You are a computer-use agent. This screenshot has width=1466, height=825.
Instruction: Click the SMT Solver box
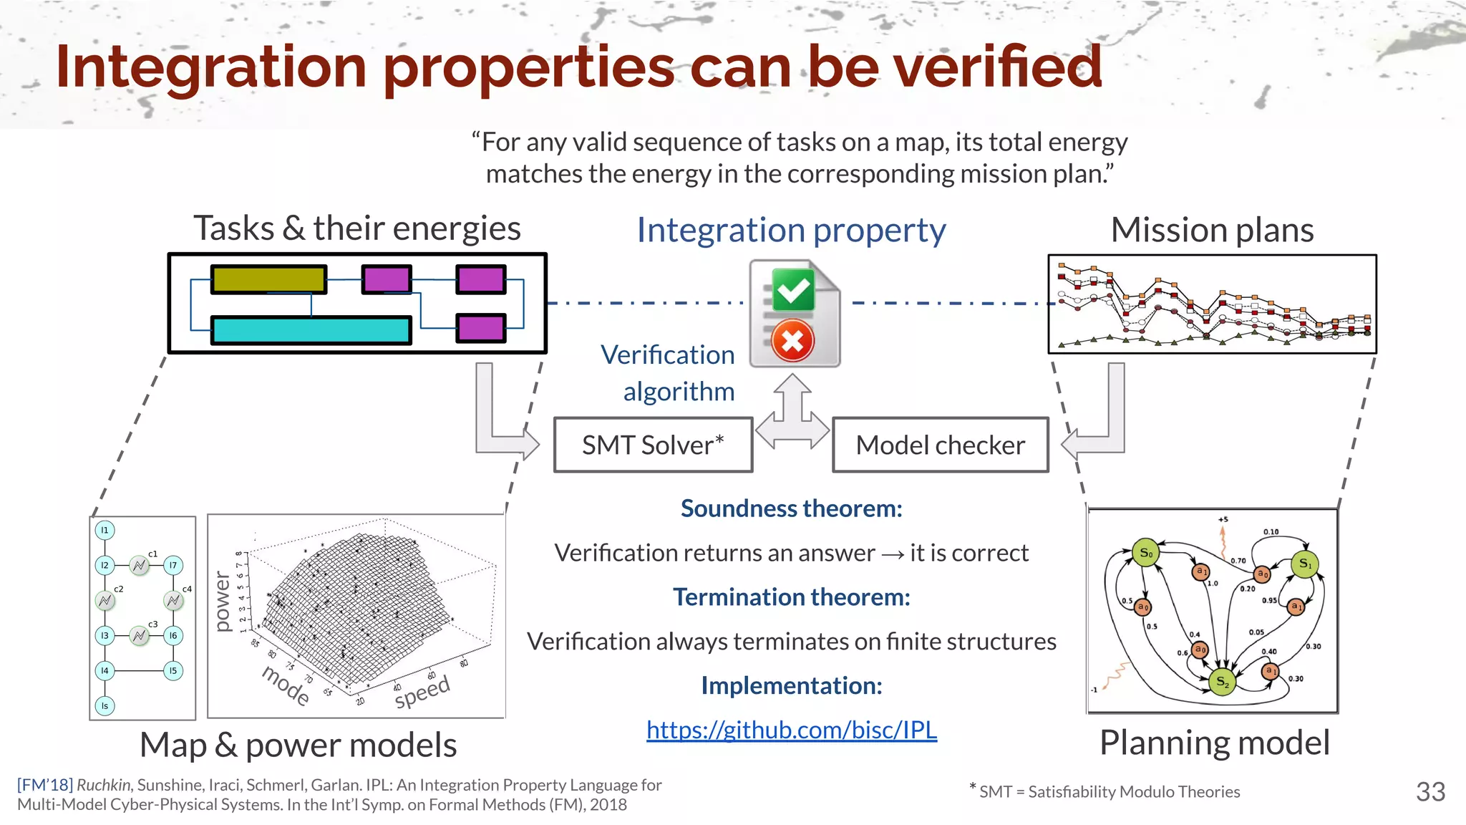(653, 445)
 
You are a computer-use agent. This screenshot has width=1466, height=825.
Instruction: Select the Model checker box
(940, 445)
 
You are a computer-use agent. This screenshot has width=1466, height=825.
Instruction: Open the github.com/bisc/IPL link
(791, 730)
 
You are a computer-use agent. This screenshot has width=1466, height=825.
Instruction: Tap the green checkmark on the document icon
(793, 290)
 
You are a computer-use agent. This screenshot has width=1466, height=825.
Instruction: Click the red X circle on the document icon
(792, 341)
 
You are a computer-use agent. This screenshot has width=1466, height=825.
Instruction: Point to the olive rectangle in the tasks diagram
(268, 279)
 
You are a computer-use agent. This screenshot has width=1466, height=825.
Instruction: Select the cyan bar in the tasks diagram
(311, 330)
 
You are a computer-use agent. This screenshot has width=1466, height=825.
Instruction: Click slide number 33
(1430, 791)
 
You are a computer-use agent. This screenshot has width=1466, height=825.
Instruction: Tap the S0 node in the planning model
(1146, 552)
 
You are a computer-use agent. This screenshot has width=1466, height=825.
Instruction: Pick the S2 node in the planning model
(1222, 682)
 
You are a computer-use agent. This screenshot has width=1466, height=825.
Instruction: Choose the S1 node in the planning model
(1305, 564)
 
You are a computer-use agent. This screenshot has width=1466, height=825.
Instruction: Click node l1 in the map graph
(105, 530)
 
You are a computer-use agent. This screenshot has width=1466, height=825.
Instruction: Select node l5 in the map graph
(173, 671)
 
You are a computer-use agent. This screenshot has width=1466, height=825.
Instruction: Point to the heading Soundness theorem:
(791, 508)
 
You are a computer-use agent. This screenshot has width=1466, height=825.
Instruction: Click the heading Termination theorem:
(791, 597)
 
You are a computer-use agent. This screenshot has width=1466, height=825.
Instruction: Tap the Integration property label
(791, 230)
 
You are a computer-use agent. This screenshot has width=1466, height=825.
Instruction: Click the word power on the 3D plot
(223, 602)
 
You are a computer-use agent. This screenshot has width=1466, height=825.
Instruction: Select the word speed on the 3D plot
(422, 692)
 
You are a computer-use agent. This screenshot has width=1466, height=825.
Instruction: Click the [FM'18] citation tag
(44, 785)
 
